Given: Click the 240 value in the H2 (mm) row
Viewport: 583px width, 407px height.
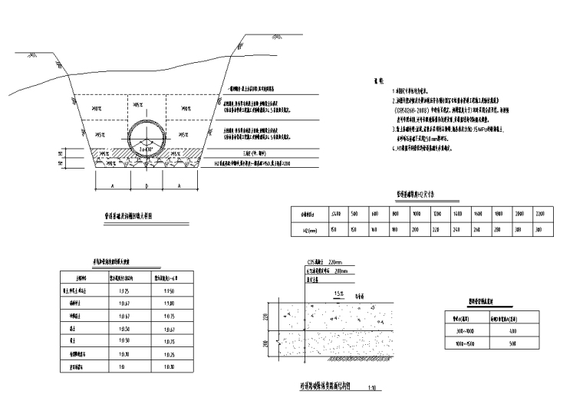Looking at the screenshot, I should point(458,228).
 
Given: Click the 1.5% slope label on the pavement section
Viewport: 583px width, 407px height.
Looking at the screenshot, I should point(338,294).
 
